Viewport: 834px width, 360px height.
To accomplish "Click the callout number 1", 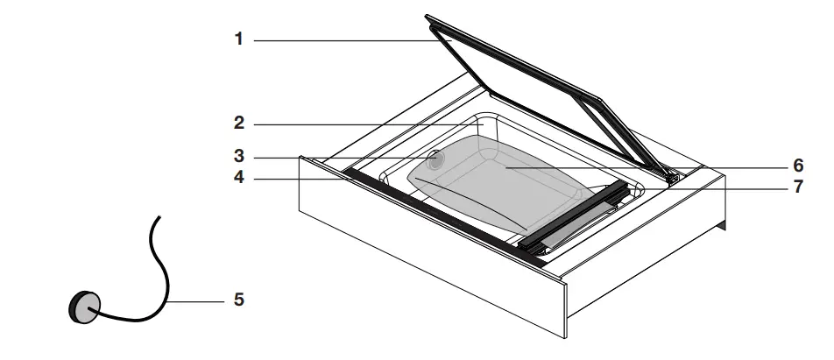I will click(x=238, y=40).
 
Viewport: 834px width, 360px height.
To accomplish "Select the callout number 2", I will click(x=238, y=124).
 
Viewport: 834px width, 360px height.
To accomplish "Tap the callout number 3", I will click(x=238, y=158).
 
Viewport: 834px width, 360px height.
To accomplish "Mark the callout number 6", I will click(x=798, y=166).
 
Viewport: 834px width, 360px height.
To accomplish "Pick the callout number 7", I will click(x=798, y=187).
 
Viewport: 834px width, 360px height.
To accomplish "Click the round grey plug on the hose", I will click(x=83, y=307).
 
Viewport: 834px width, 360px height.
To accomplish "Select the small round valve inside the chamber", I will click(x=436, y=159).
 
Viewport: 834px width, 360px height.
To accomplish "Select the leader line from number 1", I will click(x=350, y=40).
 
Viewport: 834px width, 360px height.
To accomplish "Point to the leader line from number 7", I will click(x=701, y=187).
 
